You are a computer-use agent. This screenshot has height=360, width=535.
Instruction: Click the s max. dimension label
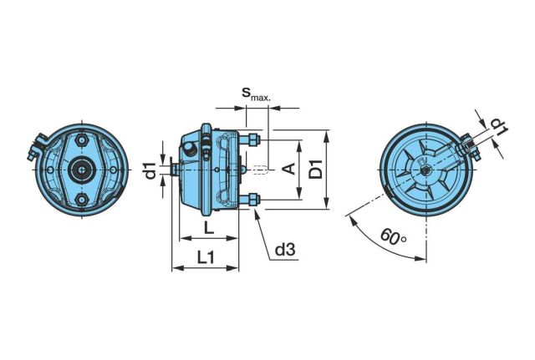[x=256, y=94]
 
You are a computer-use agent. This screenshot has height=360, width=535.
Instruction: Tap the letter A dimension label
[x=290, y=169]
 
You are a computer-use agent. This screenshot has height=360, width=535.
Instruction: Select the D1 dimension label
[x=315, y=169]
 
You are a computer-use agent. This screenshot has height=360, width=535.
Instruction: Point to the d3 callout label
[x=285, y=250]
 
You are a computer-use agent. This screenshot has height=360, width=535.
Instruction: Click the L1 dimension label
[x=206, y=257]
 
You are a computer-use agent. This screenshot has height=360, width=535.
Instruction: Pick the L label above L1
[x=209, y=228]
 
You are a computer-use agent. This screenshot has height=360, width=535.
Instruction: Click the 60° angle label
[x=394, y=236]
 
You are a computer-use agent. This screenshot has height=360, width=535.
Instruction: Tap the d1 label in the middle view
[x=150, y=170]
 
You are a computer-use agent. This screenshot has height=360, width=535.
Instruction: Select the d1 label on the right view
[x=499, y=127]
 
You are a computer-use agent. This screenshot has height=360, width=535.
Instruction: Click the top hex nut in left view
[x=82, y=140]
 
